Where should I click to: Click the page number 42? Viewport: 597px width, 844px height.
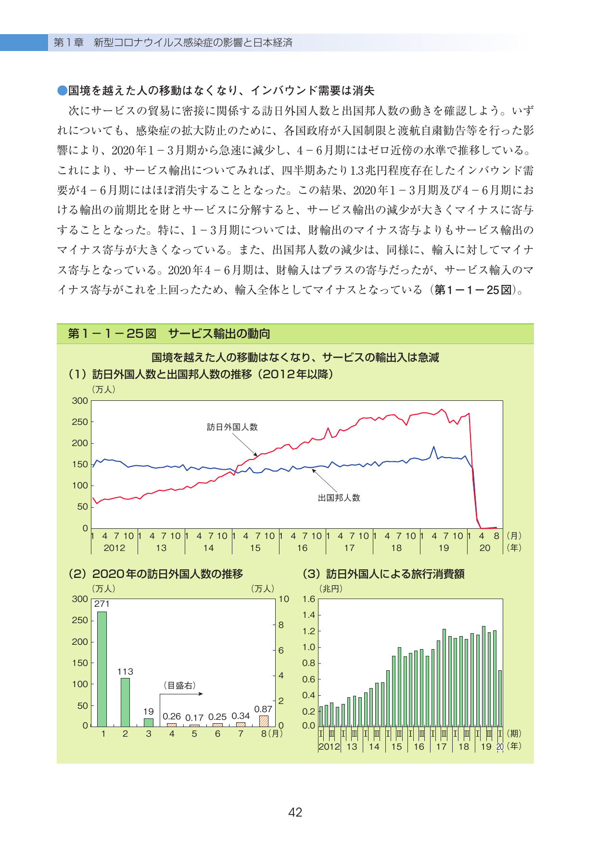pos(295,812)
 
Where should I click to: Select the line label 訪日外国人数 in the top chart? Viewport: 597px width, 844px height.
pos(232,427)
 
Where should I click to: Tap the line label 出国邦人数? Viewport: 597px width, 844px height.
pos(339,498)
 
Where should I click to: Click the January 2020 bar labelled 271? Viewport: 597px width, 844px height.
pos(102,669)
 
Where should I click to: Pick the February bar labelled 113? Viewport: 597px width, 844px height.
pos(125,702)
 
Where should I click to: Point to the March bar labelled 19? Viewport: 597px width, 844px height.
pos(149,722)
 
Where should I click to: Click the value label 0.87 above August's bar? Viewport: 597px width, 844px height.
pos(263,709)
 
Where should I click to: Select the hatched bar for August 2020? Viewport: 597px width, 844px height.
pos(264,721)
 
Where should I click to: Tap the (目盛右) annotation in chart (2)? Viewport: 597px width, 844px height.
pos(180,685)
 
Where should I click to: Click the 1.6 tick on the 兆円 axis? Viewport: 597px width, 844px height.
pos(309,599)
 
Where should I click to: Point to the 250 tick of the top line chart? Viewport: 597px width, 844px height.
pos(80,422)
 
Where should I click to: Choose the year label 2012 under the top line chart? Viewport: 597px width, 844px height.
pos(114,548)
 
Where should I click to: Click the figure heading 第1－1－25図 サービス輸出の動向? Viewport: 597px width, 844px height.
pos(169,333)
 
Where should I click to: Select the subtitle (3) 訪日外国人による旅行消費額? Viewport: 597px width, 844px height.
pos(383,574)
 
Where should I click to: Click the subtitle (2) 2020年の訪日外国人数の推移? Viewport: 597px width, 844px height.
pos(156,574)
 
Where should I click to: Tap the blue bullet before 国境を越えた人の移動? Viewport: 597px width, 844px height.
pos(63,90)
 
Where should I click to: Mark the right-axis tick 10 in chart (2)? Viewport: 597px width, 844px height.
pos(284,599)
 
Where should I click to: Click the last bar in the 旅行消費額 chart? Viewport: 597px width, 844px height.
pos(500,698)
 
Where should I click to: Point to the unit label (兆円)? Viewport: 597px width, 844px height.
pos(331,588)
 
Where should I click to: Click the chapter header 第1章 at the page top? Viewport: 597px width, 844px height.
pos(68,42)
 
